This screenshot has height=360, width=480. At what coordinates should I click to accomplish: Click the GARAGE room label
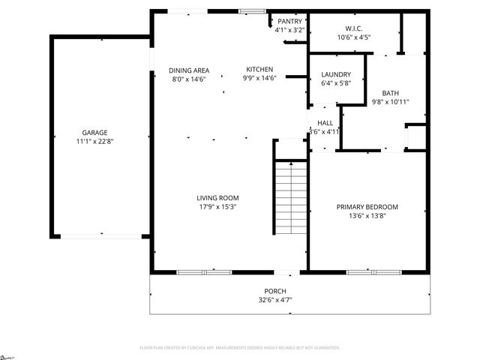94,132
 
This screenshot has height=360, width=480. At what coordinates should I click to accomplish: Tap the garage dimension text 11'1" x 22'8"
94,141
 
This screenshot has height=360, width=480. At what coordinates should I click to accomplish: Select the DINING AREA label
188,70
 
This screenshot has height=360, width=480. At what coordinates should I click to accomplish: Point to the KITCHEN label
259,70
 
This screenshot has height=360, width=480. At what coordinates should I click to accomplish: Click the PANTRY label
289,22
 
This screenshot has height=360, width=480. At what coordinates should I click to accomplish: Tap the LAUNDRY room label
336,75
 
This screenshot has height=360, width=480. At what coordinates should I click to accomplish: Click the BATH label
390,93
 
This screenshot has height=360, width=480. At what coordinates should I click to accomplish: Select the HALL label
325,123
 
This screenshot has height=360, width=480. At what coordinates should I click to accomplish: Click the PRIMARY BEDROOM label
367,207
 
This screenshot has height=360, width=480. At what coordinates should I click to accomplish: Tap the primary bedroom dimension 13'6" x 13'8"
367,216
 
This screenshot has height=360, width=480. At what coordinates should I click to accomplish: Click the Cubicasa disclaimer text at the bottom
240,348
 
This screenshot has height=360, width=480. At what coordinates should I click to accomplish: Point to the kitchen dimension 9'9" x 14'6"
259,79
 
